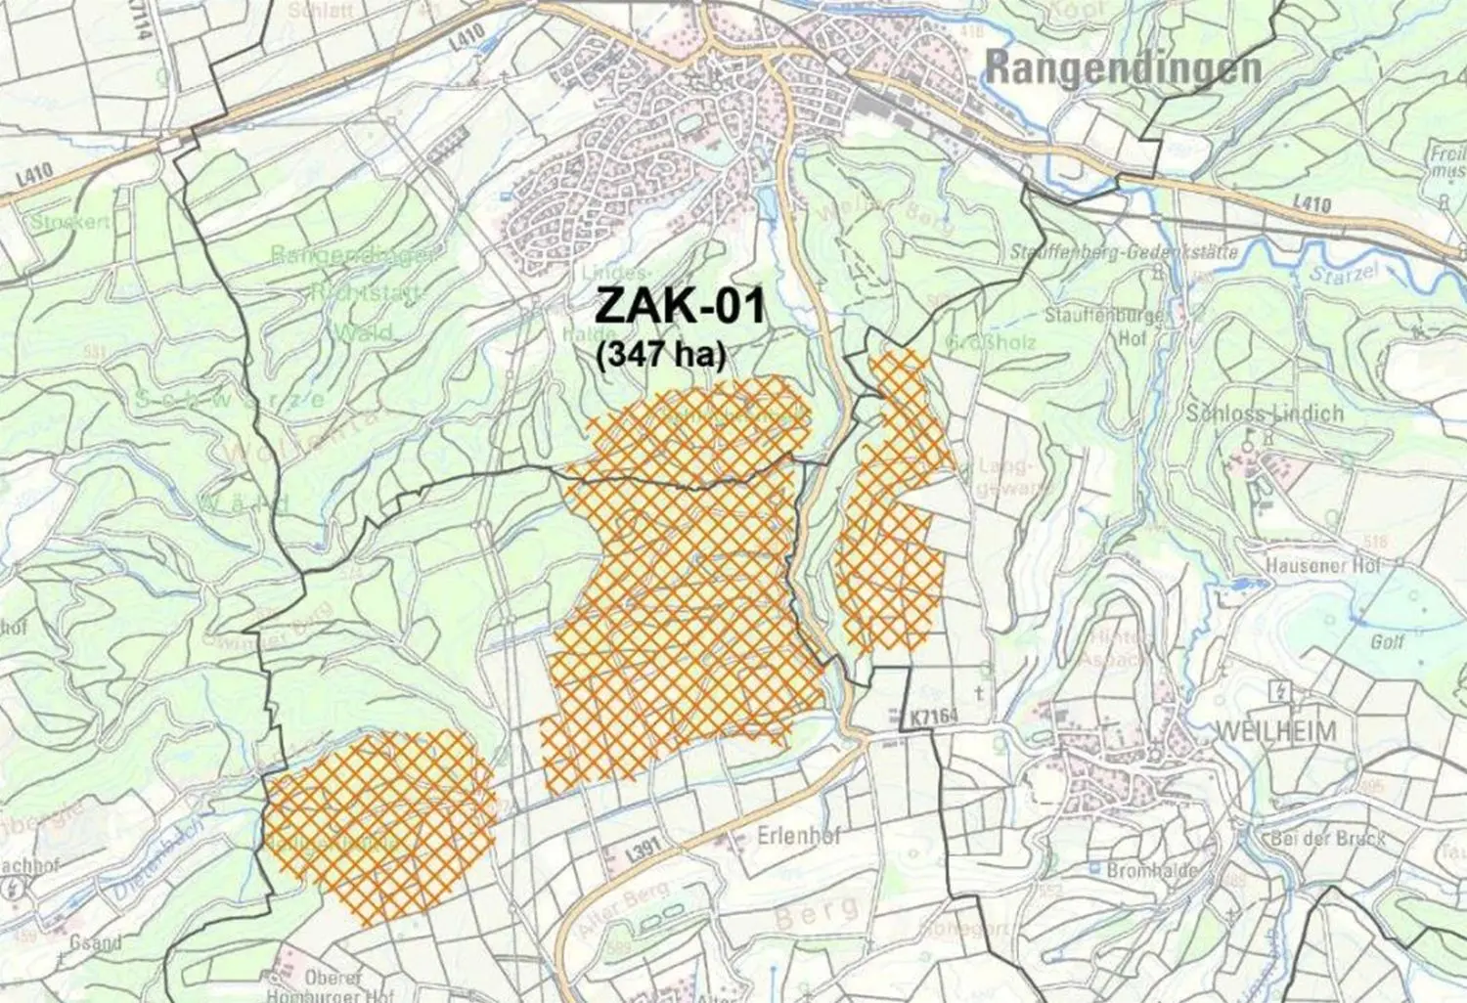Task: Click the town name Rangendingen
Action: [x=1122, y=68]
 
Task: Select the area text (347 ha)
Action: [x=661, y=354]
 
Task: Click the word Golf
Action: [x=1387, y=641]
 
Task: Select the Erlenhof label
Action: [x=799, y=838]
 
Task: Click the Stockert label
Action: [x=70, y=222]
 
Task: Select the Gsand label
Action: [x=96, y=942]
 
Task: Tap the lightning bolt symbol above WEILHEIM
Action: [x=1278, y=690]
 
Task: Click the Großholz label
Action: [x=991, y=343]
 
